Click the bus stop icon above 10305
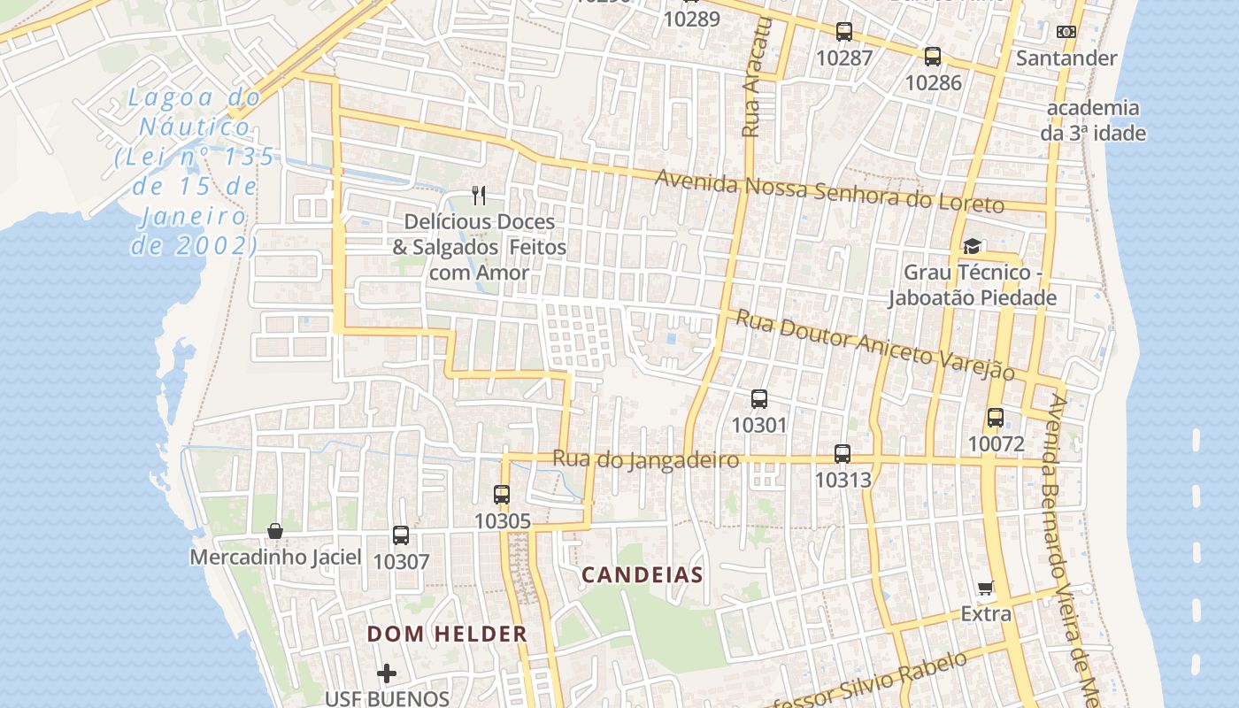coord(502,495)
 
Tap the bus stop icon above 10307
coord(401,535)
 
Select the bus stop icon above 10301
coord(759,399)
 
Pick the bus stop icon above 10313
coord(843,454)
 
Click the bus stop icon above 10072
coord(996,418)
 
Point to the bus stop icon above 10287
coord(844,32)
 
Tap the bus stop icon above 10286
coord(933,57)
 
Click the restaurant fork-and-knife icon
coord(479,195)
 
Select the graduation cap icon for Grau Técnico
coord(972,247)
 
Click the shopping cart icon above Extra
coord(986,589)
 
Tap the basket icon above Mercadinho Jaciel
coord(275,531)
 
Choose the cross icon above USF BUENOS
coord(387,674)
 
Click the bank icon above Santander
coord(1066,32)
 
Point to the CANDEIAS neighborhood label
coord(643,575)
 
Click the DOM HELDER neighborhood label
coord(447,634)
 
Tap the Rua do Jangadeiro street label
coord(646,460)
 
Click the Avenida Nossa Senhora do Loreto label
coord(829,191)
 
